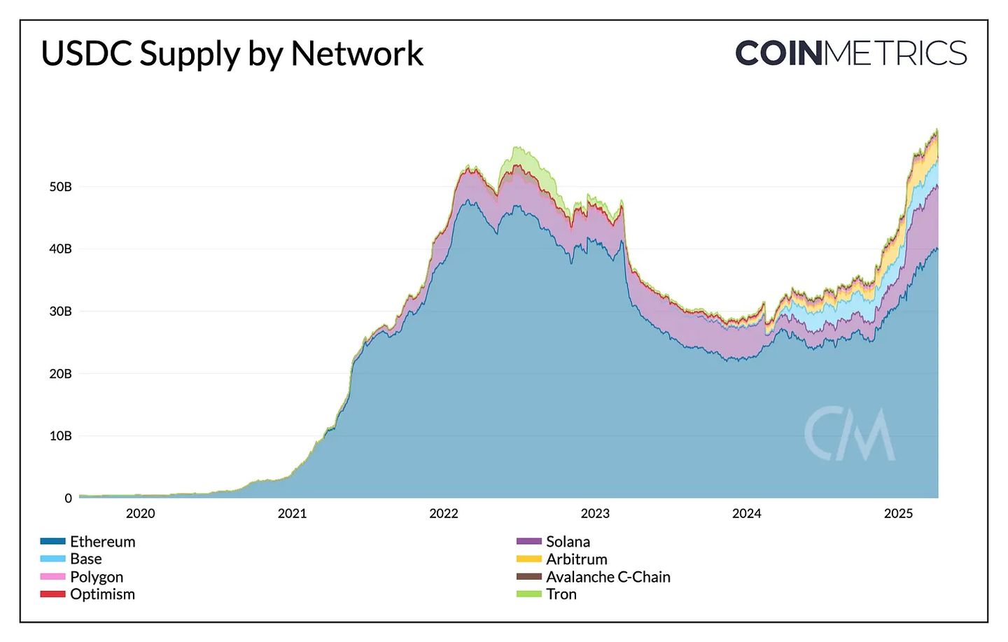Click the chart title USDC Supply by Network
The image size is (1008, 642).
pyautogui.click(x=232, y=54)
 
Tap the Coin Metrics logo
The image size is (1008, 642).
pyautogui.click(x=850, y=54)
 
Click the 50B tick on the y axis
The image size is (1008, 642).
pyautogui.click(x=61, y=187)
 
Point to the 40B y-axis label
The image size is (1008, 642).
pyautogui.click(x=61, y=249)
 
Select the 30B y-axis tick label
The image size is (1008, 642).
pyautogui.click(x=61, y=312)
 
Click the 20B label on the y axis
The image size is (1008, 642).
pyautogui.click(x=61, y=374)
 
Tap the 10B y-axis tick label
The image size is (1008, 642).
pyautogui.click(x=61, y=436)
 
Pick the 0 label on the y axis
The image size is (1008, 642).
pyautogui.click(x=68, y=498)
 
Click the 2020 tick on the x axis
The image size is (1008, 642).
pyautogui.click(x=140, y=514)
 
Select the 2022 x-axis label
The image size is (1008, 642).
pyautogui.click(x=444, y=514)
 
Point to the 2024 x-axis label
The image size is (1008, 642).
pyautogui.click(x=747, y=514)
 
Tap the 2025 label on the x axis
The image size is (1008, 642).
pyautogui.click(x=898, y=514)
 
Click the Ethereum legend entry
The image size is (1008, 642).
pyautogui.click(x=102, y=542)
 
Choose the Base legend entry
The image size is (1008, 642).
pyautogui.click(x=85, y=559)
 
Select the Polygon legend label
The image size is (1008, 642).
pyautogui.click(x=97, y=577)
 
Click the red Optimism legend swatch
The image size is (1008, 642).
pyautogui.click(x=52, y=594)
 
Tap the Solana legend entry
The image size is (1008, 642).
pyautogui.click(x=568, y=542)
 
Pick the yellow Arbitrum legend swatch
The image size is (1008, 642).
pyautogui.click(x=528, y=559)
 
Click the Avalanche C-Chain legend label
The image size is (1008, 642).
pyautogui.click(x=608, y=577)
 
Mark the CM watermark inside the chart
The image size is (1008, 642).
pyautogui.click(x=849, y=434)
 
